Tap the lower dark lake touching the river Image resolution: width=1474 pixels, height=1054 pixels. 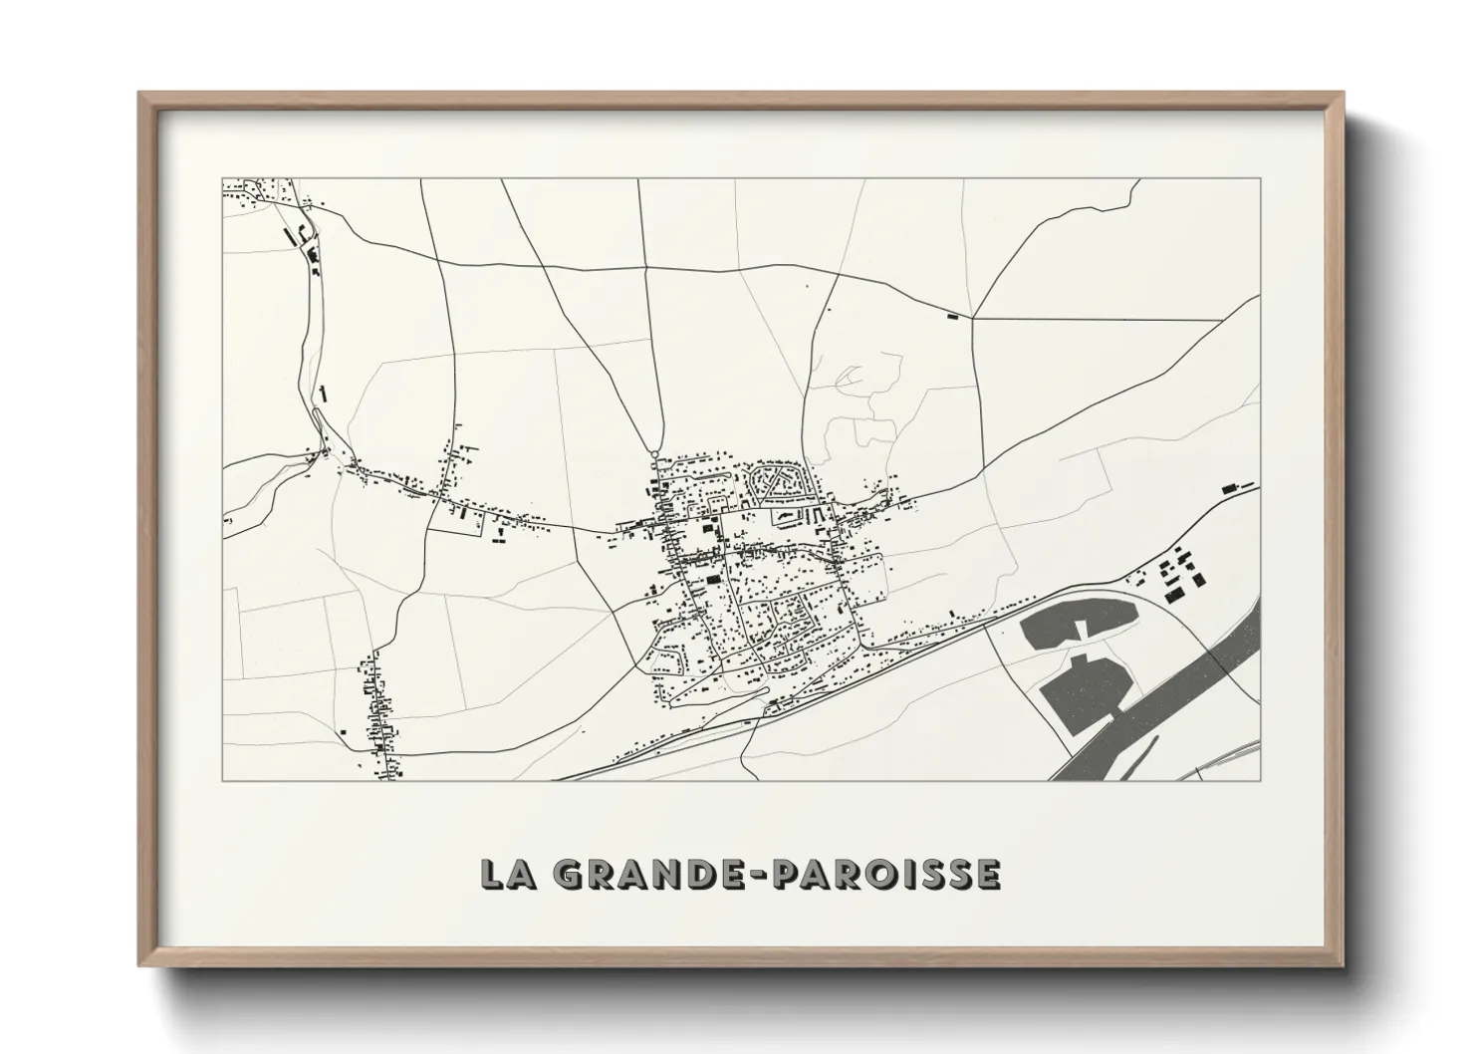click(1086, 691)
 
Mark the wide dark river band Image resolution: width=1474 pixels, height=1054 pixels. click(1175, 697)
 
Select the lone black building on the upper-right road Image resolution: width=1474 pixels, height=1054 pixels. click(953, 316)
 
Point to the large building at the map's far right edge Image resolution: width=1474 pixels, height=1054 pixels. click(1229, 487)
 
